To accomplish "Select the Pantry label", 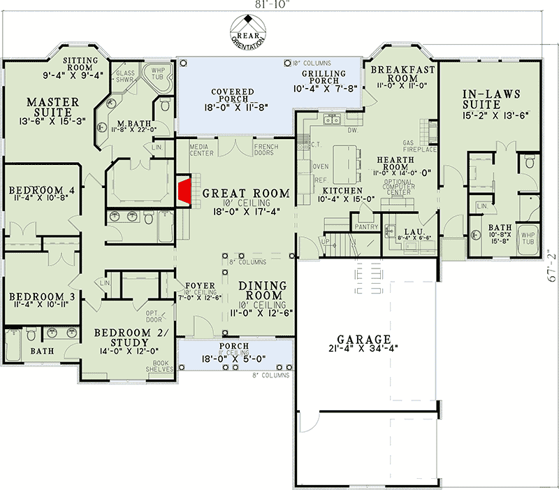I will pyautogui.click(x=367, y=226).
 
